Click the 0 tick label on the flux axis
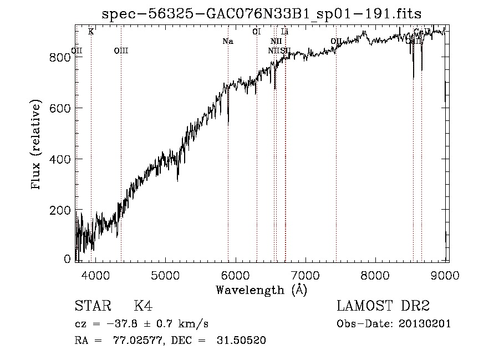[x=68, y=259]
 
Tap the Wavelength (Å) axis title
[x=261, y=290]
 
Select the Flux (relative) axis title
[x=37, y=145]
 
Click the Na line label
[x=227, y=41]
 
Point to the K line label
[x=91, y=32]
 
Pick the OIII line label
[x=121, y=51]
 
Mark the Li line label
[x=285, y=32]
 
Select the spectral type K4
[x=143, y=306]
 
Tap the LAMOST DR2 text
[x=383, y=306]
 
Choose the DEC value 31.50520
[x=241, y=341]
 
